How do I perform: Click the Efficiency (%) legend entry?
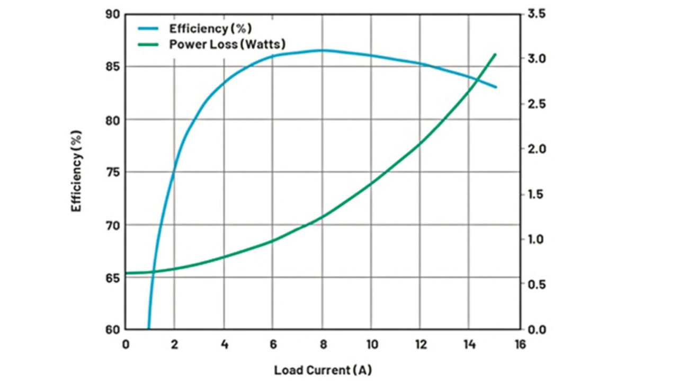click(210, 28)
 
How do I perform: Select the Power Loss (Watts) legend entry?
click(227, 44)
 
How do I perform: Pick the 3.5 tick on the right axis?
click(536, 14)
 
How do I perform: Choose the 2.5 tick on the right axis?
click(536, 104)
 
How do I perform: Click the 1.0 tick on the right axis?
click(536, 239)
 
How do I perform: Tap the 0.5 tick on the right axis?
click(536, 285)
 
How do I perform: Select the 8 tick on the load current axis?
click(322, 345)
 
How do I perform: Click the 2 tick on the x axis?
click(174, 345)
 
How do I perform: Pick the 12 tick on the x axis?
click(420, 345)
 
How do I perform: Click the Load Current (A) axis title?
click(323, 370)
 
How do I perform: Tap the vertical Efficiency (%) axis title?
click(77, 171)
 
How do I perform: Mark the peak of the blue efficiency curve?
click(322, 50)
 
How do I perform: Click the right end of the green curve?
click(495, 54)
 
